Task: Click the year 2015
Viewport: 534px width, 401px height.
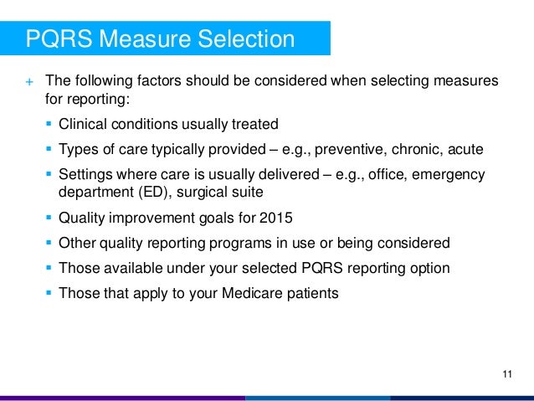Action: tap(276, 219)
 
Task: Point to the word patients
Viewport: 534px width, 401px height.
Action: tap(309, 293)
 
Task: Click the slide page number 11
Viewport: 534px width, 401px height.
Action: tap(506, 373)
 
